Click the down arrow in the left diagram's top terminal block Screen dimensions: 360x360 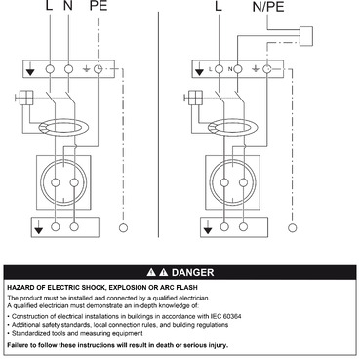[x=33, y=69]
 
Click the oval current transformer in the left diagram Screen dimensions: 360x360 [x=62, y=125]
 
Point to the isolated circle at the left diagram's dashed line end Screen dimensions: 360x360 [x=121, y=227]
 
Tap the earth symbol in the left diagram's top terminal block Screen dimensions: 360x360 [x=89, y=69]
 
